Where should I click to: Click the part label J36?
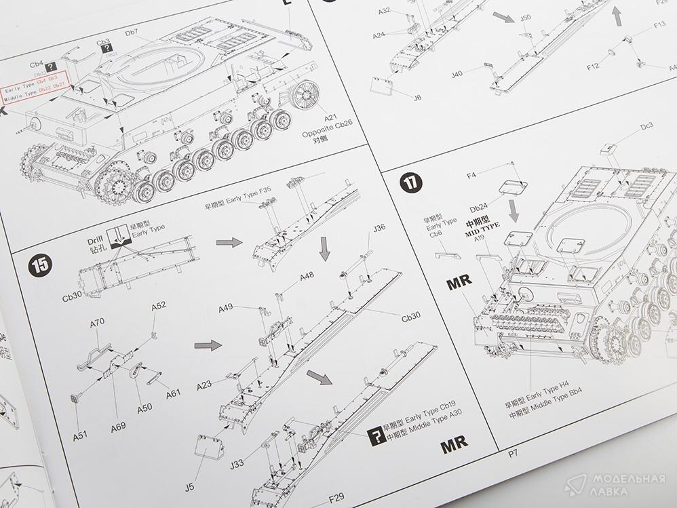click(x=380, y=228)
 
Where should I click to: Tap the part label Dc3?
click(x=646, y=125)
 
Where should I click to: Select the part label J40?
click(x=456, y=74)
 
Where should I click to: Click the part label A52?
click(x=159, y=306)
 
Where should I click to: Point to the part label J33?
click(x=237, y=464)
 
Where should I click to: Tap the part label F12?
click(x=592, y=66)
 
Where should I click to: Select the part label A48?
click(x=307, y=276)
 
